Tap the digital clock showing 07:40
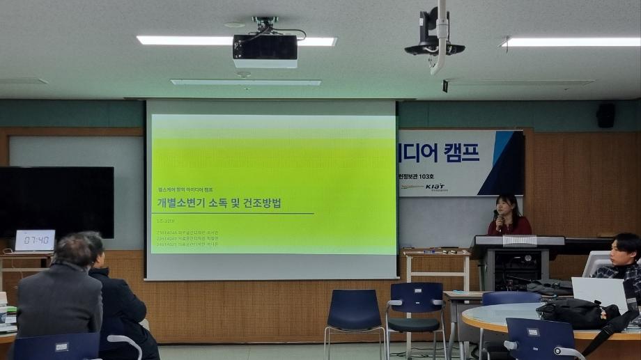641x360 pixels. pos(34,240)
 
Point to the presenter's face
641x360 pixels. pos(507,207)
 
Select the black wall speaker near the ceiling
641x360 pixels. pos(605,116)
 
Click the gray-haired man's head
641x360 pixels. pos(74,251)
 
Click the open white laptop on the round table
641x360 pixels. pos(598,290)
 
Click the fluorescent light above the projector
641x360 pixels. pos(236,41)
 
